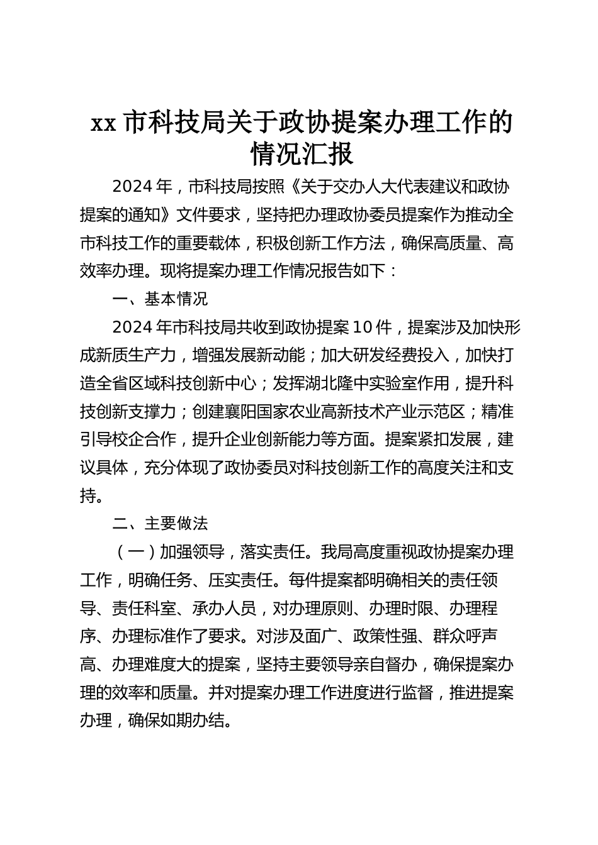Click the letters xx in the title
[x=103, y=123]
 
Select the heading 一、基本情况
[x=159, y=299]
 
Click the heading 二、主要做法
[x=159, y=523]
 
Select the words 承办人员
[x=224, y=608]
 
